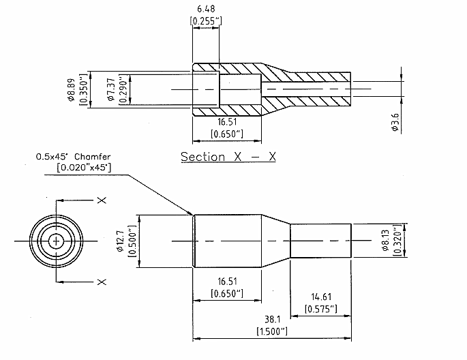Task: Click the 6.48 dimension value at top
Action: [206, 9]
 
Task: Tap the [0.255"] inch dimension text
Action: [206, 21]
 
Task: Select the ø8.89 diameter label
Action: [71, 89]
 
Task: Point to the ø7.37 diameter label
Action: [111, 89]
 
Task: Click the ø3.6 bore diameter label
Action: [395, 122]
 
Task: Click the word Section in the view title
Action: [203, 157]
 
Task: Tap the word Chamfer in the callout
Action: [92, 157]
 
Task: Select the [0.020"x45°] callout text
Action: [84, 167]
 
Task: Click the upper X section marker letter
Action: [102, 200]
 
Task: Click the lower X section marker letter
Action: [102, 282]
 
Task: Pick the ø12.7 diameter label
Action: [121, 241]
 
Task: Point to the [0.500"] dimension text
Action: [132, 241]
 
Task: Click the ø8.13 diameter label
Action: [386, 240]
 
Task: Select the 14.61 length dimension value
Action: [321, 297]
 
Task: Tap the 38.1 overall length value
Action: [273, 320]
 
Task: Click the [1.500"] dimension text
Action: [272, 331]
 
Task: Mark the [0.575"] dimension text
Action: [321, 309]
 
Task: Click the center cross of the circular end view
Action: [56, 241]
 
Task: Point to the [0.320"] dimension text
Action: [397, 240]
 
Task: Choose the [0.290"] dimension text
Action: [123, 89]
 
